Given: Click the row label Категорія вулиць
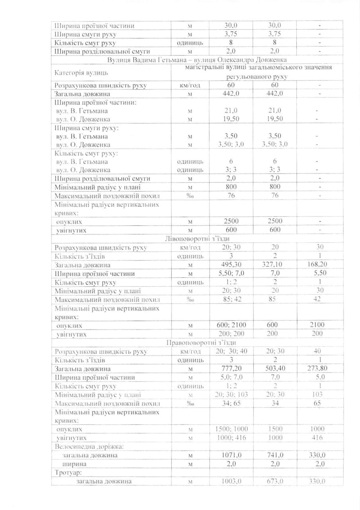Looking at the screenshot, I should click(x=80, y=73).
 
